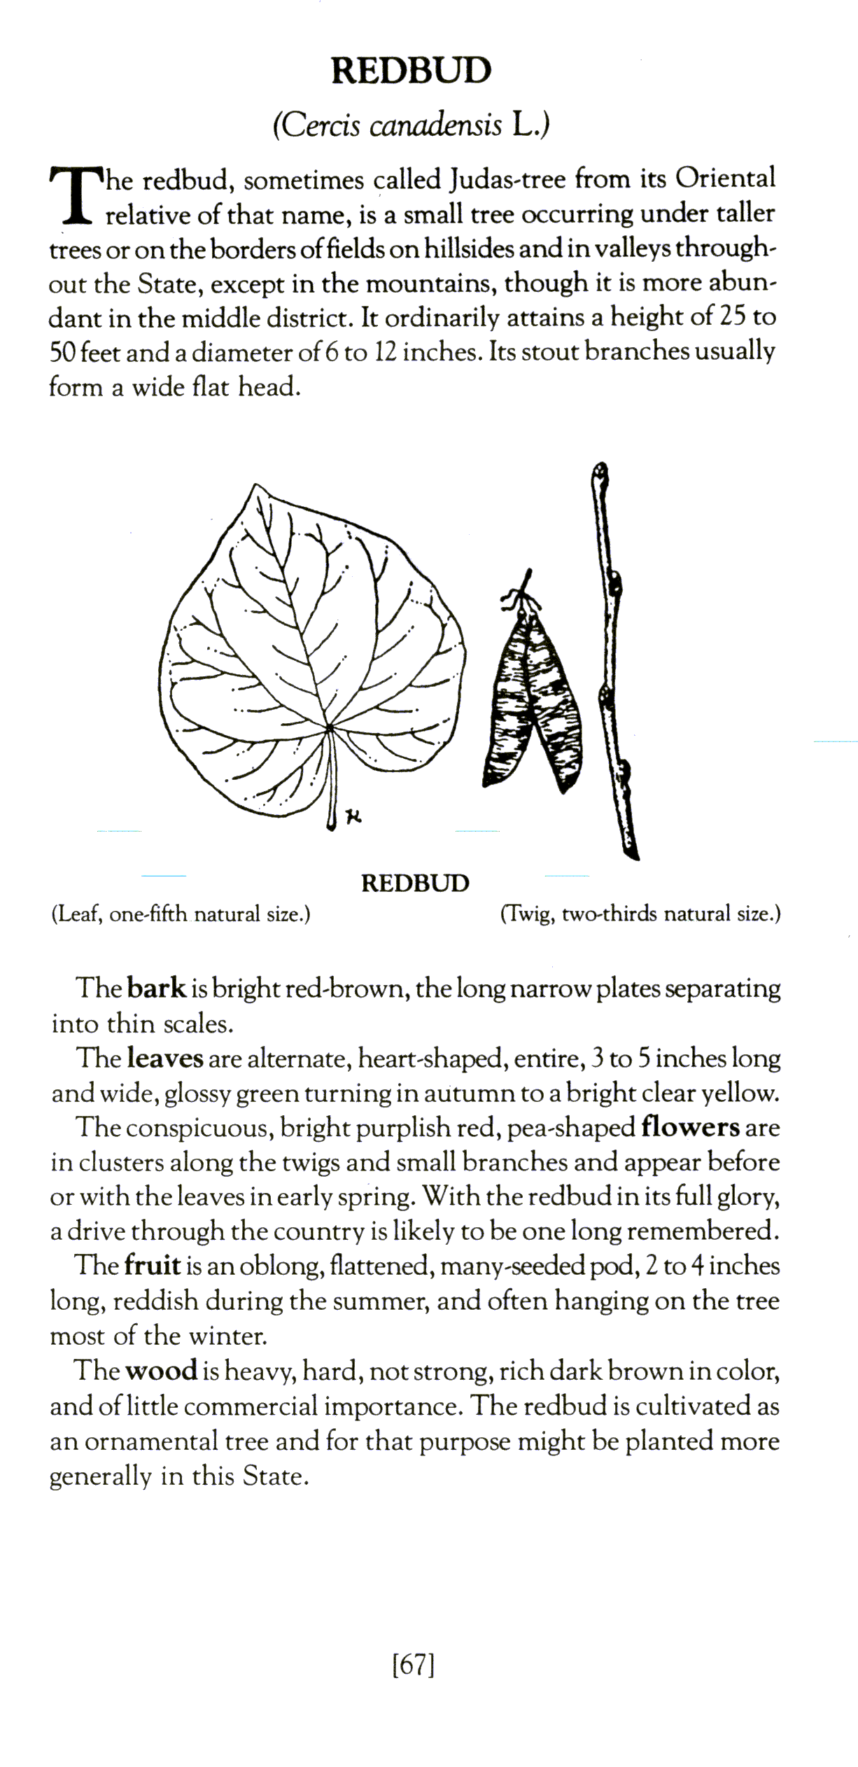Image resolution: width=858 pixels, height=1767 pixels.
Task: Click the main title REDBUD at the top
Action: (x=411, y=71)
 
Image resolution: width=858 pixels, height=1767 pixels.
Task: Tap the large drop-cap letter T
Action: (x=73, y=195)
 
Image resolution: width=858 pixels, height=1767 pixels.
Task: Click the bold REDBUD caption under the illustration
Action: (x=415, y=883)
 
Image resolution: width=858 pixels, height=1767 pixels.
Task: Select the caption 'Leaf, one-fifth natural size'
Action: (x=181, y=914)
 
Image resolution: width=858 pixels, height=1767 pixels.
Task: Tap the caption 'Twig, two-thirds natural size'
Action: (x=640, y=914)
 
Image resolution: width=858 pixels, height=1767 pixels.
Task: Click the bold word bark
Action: (x=157, y=989)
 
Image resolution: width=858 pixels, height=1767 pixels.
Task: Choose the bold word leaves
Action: (x=166, y=1059)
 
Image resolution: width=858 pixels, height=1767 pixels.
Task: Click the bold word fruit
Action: (x=153, y=1266)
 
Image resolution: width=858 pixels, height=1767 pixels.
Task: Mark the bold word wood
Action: (x=161, y=1370)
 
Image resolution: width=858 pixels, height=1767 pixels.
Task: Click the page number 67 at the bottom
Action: (x=414, y=1665)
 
